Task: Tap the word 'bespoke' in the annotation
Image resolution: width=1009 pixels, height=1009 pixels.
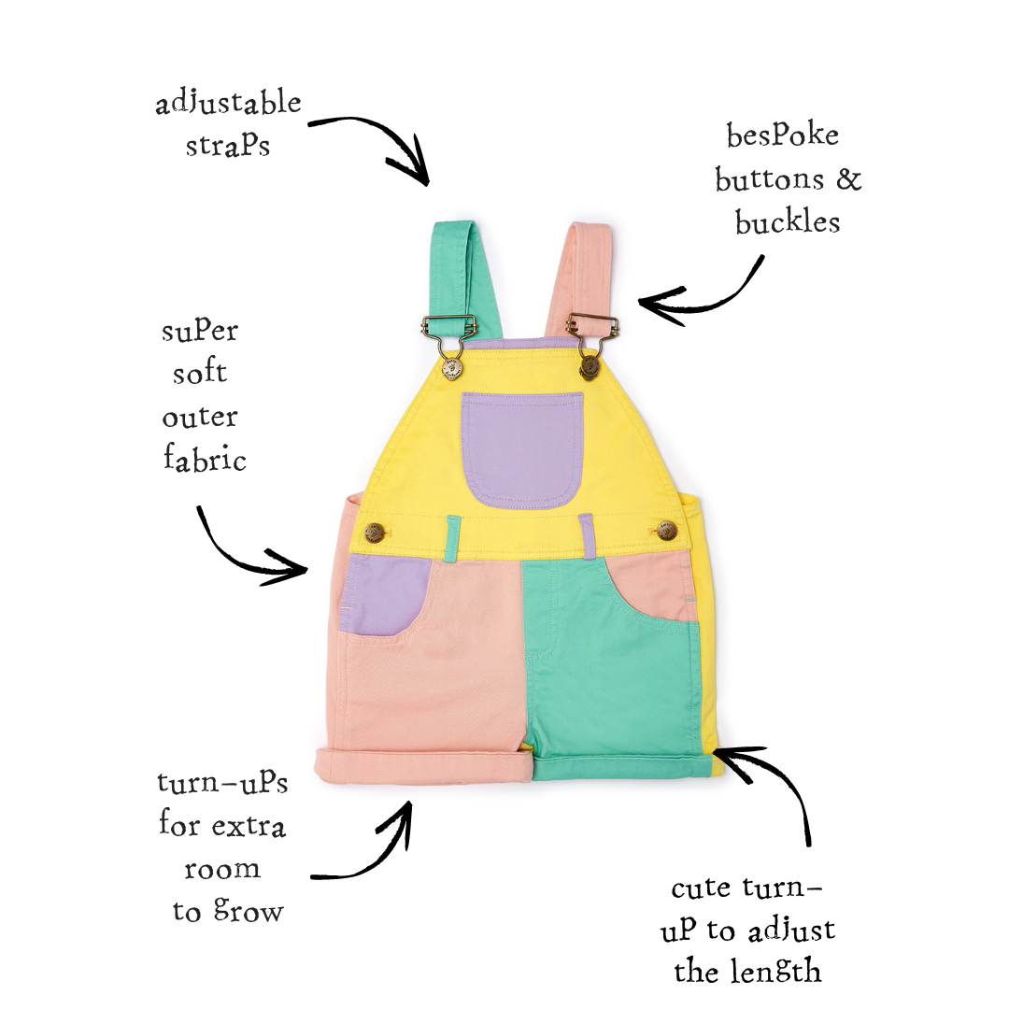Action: [x=783, y=135]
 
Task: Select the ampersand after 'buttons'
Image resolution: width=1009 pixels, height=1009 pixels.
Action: [x=848, y=178]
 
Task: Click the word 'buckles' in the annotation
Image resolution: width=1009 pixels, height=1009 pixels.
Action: [x=788, y=222]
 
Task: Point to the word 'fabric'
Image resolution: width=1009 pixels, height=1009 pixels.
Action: [x=205, y=458]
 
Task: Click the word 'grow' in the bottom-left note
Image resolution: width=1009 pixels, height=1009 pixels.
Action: [x=249, y=912]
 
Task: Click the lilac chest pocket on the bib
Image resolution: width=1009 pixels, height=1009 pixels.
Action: [x=522, y=449]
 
